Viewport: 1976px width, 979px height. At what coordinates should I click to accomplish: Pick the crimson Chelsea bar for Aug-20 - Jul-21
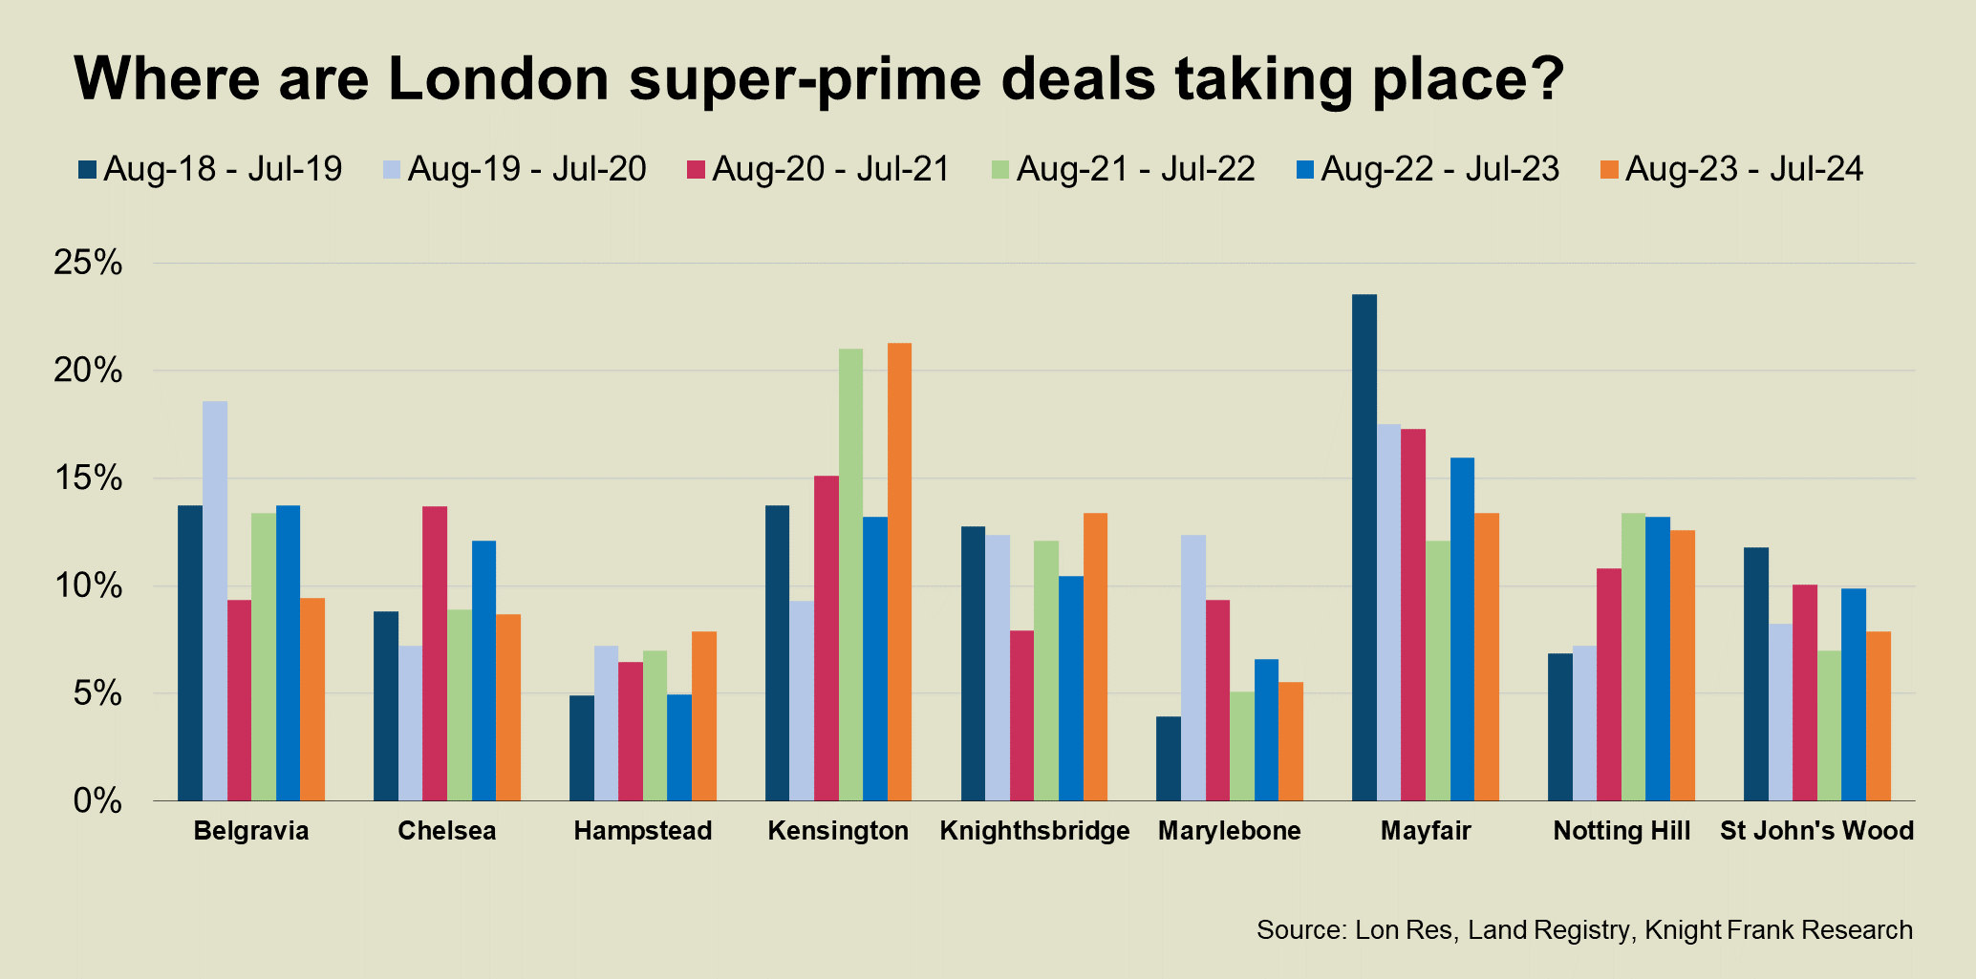(435, 653)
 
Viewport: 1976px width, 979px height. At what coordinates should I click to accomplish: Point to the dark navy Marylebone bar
(1168, 758)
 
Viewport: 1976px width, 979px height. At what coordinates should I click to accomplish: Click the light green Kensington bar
(850, 574)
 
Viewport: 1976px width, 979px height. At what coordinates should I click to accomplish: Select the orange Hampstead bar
(703, 715)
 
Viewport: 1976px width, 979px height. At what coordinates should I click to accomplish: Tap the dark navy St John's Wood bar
(1755, 673)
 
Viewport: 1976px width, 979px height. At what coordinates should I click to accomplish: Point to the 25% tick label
(89, 263)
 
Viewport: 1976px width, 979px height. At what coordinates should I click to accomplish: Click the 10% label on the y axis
(89, 585)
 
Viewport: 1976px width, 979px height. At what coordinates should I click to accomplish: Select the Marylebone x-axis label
(1229, 831)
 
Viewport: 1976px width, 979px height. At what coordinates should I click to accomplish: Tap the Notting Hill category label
(1622, 831)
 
